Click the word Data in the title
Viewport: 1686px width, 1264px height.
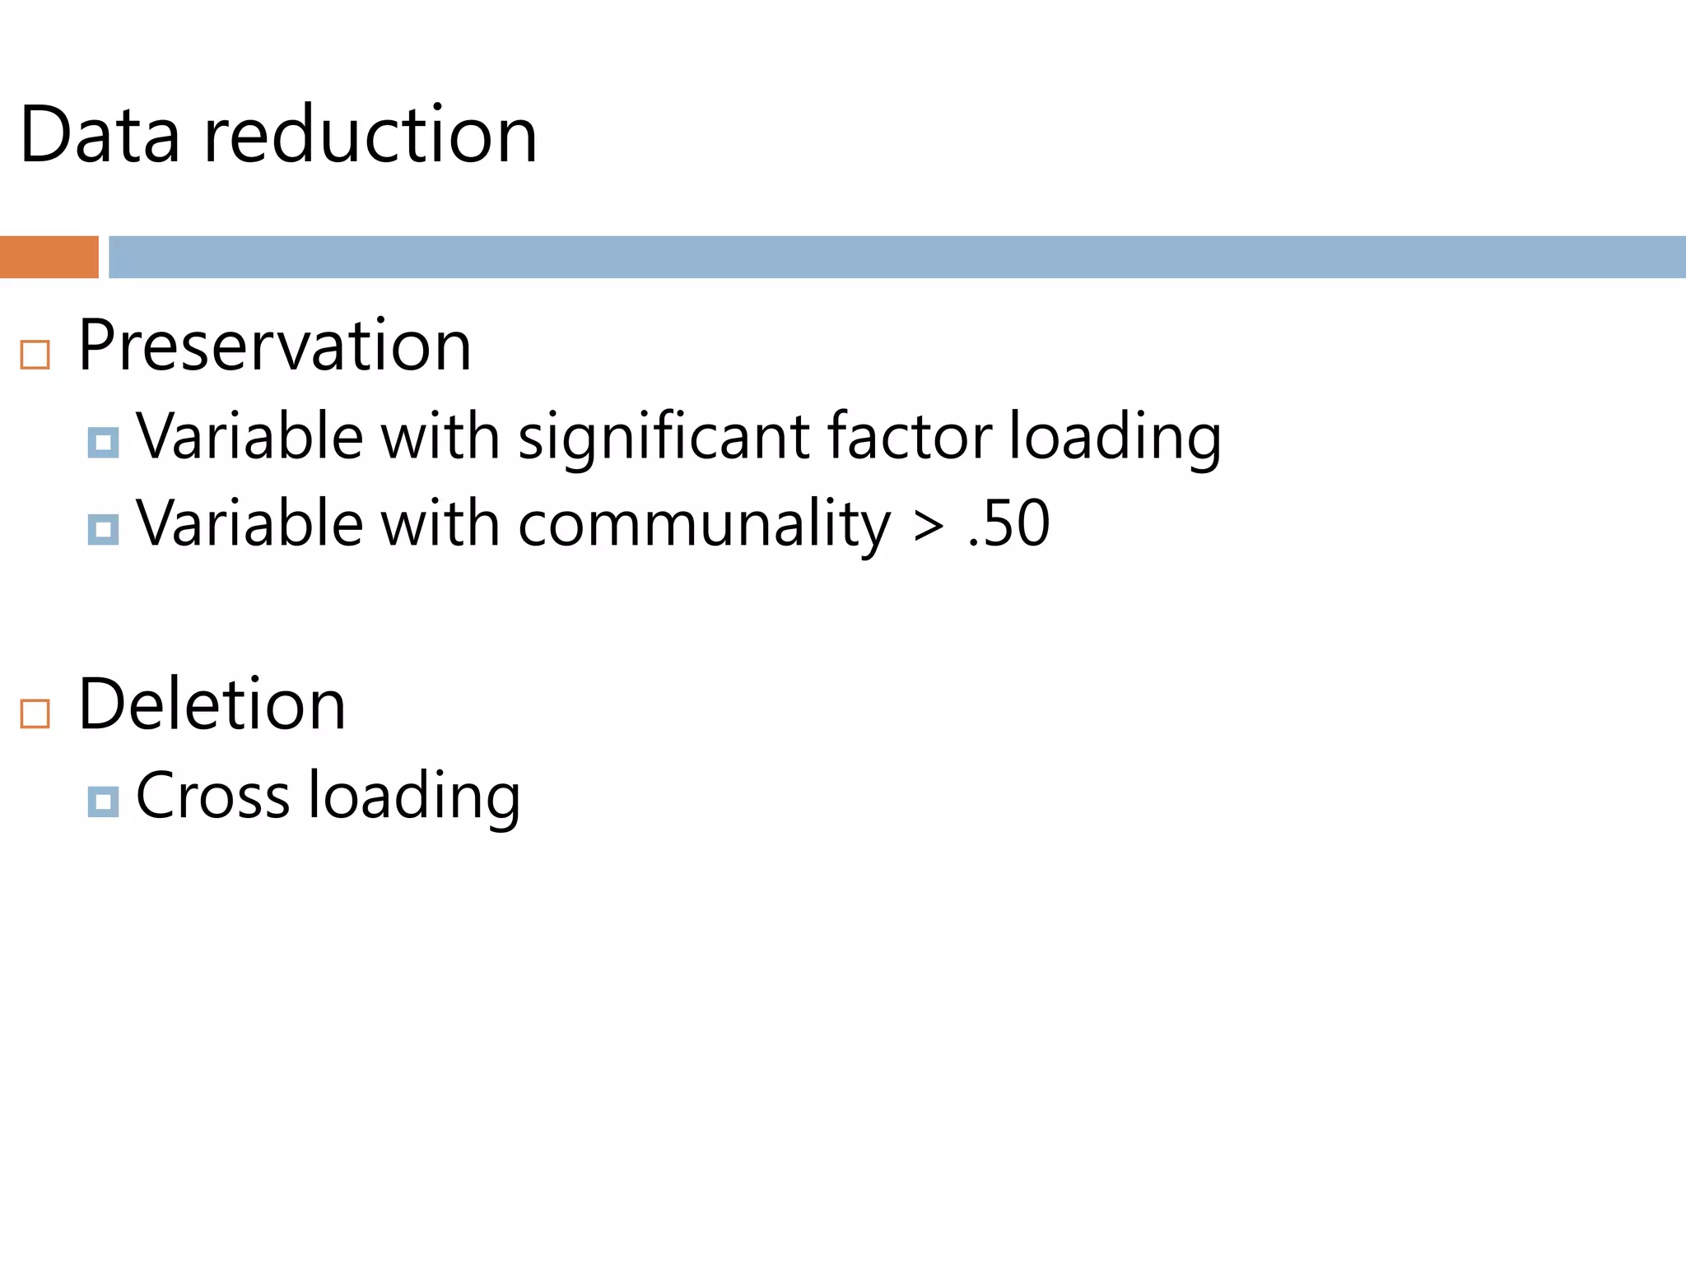(100, 135)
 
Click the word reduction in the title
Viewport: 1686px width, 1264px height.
(370, 135)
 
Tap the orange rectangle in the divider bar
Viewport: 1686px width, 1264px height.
(49, 257)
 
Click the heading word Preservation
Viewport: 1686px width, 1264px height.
(275, 346)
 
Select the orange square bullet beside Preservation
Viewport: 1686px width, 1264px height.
(35, 355)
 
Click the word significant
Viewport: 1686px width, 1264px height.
(664, 435)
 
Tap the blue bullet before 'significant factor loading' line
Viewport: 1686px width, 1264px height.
(103, 443)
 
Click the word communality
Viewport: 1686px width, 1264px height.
(704, 523)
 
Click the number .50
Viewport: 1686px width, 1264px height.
(1008, 523)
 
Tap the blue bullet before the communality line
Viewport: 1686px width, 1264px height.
(103, 529)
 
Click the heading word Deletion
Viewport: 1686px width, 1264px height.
(212, 704)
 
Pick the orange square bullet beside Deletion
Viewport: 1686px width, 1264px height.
(35, 713)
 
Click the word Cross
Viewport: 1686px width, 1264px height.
(212, 796)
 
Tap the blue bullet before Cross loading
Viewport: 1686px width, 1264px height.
(103, 802)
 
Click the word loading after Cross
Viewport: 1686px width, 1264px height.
(414, 797)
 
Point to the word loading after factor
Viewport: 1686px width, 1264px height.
(1115, 437)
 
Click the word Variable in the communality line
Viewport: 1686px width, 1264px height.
(249, 523)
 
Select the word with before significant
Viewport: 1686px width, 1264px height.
(440, 435)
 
